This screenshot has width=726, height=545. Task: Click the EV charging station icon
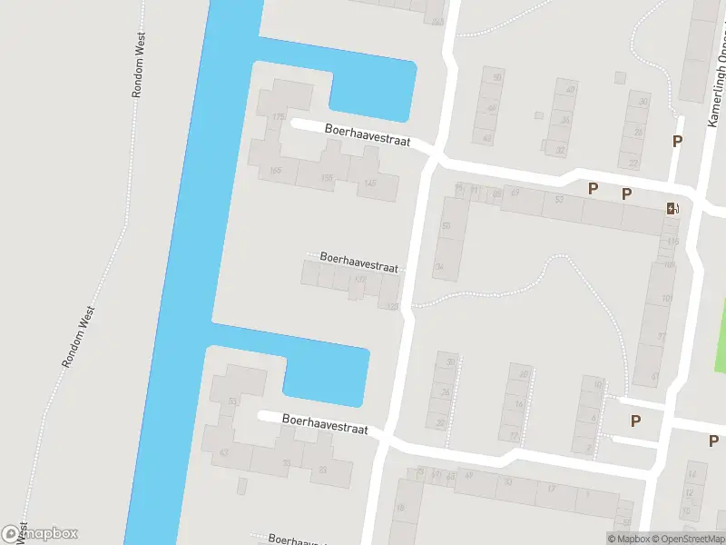(672, 209)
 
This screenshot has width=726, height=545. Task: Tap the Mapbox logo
(40, 533)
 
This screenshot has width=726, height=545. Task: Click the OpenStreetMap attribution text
(687, 539)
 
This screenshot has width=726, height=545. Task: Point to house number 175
(278, 117)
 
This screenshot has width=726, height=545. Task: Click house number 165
(275, 171)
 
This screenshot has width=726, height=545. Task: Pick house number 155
(328, 178)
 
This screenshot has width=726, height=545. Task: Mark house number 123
(393, 307)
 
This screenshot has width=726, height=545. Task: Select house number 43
(223, 452)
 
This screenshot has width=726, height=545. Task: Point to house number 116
(672, 242)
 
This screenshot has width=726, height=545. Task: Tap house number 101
(669, 265)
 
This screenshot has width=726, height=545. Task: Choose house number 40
(570, 89)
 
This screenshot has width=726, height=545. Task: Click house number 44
(487, 139)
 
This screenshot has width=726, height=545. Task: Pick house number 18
(400, 509)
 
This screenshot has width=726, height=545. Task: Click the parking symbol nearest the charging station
(626, 193)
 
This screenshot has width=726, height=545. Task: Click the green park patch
(720, 336)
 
